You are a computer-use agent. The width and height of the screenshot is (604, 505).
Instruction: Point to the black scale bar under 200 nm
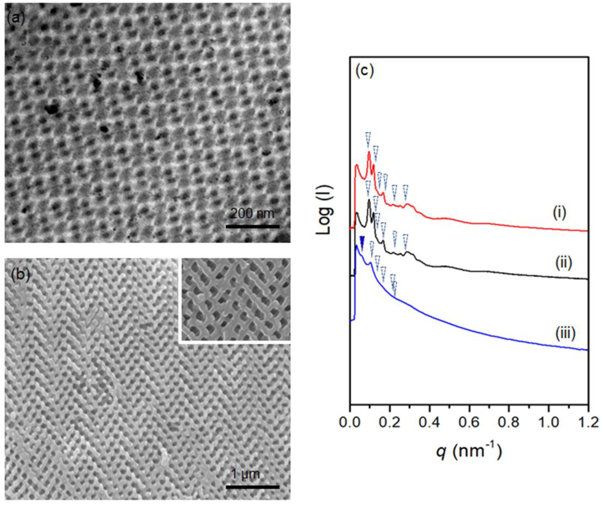pyautogui.click(x=253, y=227)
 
